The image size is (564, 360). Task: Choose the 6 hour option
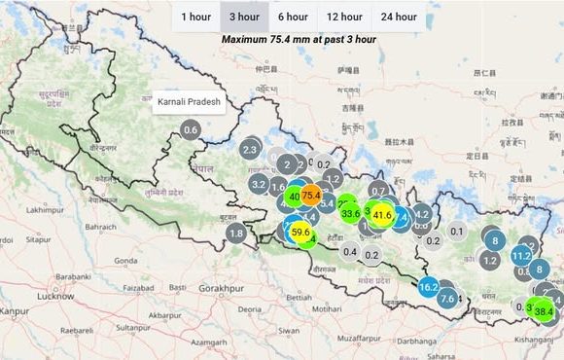pos(293,17)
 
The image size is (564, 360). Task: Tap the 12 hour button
pos(344,17)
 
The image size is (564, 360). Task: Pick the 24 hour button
pos(399,17)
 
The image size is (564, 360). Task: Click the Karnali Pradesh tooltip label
pos(190,100)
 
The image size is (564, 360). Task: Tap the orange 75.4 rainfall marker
pos(311,196)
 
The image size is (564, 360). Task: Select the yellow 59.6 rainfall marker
pos(301,233)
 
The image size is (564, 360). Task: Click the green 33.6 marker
pos(351,212)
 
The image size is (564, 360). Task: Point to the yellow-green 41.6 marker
pos(382,215)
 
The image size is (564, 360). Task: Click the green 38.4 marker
pos(544,311)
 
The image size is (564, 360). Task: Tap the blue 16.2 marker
pos(429,287)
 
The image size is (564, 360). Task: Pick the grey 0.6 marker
pos(191,130)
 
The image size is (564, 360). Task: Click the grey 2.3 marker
pos(250,150)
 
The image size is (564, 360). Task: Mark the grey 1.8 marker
pos(236,234)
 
